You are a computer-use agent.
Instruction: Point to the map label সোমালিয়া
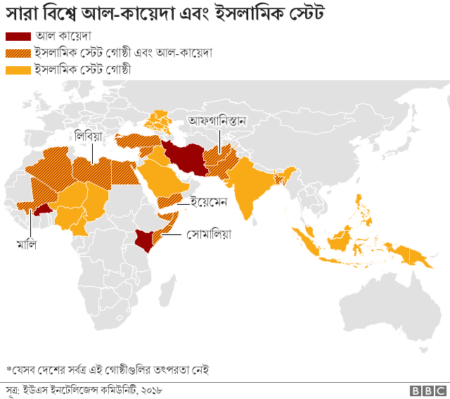[210, 233]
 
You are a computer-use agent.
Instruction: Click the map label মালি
[27, 244]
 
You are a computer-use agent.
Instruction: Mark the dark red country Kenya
[146, 239]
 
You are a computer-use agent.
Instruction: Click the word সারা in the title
[22, 13]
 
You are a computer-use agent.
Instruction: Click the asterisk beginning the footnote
[8, 368]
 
